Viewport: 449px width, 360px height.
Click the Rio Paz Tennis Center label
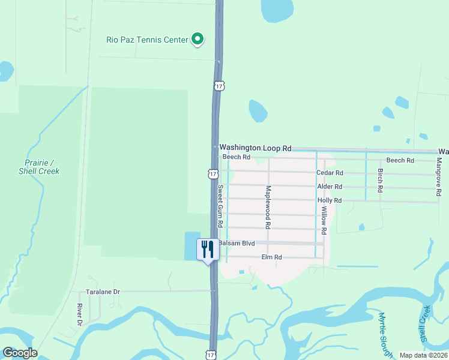point(146,40)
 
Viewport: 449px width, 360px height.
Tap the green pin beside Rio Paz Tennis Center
point(197,40)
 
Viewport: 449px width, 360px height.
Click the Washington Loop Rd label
point(255,148)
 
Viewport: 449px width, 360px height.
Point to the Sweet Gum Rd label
point(220,206)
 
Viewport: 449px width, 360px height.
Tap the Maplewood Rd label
point(268,207)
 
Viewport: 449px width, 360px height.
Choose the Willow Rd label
point(324,220)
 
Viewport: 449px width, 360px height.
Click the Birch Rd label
point(380,180)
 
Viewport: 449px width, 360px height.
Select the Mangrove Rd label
point(439,176)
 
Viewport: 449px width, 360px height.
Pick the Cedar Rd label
point(329,173)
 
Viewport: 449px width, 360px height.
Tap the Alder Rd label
point(330,187)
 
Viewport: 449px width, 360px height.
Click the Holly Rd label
point(330,200)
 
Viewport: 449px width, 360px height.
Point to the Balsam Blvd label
point(237,244)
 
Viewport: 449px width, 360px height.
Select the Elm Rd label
point(271,257)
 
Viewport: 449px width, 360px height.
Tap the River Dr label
point(79,314)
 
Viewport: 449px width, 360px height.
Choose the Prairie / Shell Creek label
point(42,167)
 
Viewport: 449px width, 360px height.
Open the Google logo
point(20,353)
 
